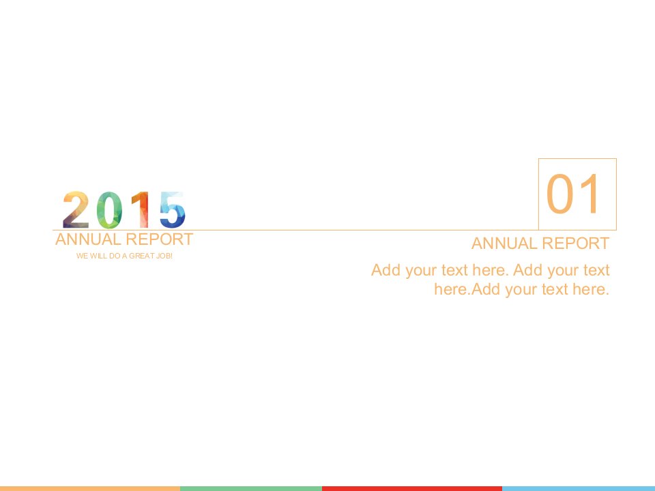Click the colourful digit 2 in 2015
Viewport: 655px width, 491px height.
tap(76, 209)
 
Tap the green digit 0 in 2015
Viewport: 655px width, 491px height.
tap(109, 210)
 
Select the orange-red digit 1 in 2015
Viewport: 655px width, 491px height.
tap(141, 209)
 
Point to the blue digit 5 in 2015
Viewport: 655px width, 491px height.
tap(173, 210)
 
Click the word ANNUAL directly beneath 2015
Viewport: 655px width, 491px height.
tap(88, 239)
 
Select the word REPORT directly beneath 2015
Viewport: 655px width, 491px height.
tap(160, 239)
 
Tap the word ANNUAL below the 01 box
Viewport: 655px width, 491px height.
tap(504, 243)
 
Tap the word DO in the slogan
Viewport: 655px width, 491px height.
tap(115, 256)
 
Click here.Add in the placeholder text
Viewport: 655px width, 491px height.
tap(468, 289)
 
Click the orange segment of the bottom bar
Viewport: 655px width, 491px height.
tap(90, 488)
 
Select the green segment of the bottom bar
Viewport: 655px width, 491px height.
tap(251, 488)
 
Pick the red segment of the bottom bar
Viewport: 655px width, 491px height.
tap(412, 488)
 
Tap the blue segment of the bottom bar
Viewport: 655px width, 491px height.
tap(579, 488)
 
